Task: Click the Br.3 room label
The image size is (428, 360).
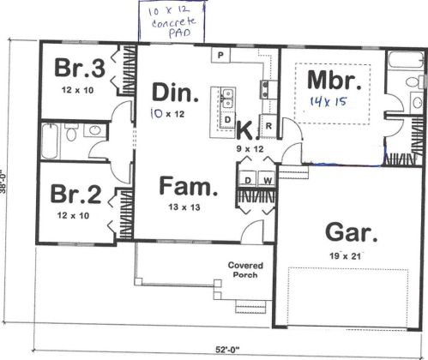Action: click(80, 68)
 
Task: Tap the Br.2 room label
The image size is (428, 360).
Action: click(75, 194)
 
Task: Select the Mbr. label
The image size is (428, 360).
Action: click(335, 81)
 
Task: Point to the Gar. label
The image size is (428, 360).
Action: click(352, 232)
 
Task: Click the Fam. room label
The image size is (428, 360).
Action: click(189, 186)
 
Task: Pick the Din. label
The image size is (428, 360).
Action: click(175, 92)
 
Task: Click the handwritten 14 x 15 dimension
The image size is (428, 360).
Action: click(329, 101)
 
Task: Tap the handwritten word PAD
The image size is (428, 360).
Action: click(179, 33)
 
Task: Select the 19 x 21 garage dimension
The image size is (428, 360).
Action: click(345, 256)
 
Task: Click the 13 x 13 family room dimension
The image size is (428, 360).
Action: click(184, 207)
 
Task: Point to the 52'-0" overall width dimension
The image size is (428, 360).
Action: click(227, 349)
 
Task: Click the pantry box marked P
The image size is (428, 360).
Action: click(220, 55)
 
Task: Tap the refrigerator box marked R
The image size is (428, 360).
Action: click(268, 126)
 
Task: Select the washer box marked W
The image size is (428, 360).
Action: click(268, 180)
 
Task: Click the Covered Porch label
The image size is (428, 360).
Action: click(245, 270)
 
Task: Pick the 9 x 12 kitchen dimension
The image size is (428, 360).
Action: click(250, 149)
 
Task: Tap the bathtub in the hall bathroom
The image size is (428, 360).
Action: click(50, 141)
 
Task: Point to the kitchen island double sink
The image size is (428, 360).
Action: click(228, 99)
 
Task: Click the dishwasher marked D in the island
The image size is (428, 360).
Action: click(227, 119)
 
